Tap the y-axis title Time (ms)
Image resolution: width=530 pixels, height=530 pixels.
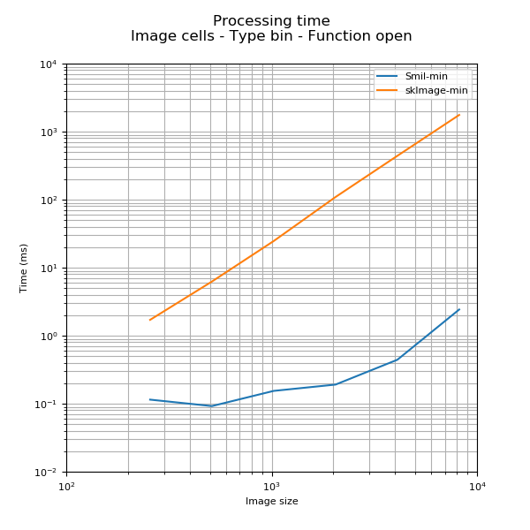coord(24,268)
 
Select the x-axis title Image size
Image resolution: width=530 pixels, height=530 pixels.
coord(271,502)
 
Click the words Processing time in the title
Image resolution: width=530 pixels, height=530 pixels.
coord(271,21)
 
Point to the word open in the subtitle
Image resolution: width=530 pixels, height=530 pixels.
coord(392,36)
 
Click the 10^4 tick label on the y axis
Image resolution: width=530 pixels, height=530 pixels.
coord(49,64)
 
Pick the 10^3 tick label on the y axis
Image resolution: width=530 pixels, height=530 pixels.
coord(49,132)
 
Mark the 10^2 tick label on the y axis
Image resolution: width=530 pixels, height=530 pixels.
coord(49,201)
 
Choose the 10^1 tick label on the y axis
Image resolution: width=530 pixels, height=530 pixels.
coord(49,269)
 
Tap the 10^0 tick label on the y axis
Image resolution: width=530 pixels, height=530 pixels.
coord(49,337)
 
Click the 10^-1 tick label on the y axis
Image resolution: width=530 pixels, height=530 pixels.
coord(47,405)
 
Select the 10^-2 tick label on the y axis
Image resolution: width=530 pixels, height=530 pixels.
coord(47,473)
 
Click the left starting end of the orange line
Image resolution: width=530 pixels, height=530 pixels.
coord(149,320)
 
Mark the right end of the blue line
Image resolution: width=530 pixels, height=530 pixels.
coord(459,309)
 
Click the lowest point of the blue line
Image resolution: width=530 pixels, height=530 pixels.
coord(211,406)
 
